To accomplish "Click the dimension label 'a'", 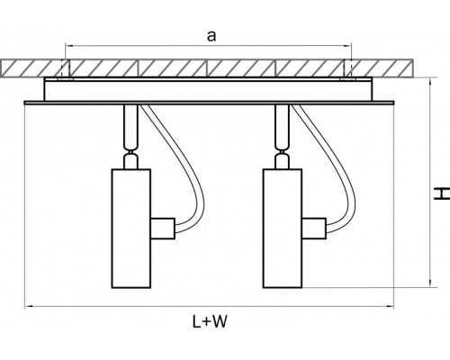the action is click(211, 36).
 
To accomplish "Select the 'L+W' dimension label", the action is click(210, 321).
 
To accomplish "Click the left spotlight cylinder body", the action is click(131, 229).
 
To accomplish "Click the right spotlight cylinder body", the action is click(283, 229).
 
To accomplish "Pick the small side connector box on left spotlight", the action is click(163, 229).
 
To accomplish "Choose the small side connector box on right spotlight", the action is click(314, 229).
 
